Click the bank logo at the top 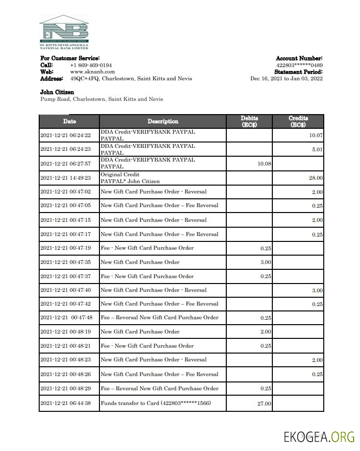[x=64, y=32]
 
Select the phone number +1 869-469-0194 [x=91, y=65]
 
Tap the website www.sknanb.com [x=92, y=71]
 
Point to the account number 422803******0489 [x=299, y=65]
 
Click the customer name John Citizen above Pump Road [x=57, y=92]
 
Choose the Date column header [x=69, y=121]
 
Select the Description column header [x=163, y=121]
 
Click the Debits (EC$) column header [x=249, y=121]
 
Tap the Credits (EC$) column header [x=298, y=121]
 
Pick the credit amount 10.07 [x=316, y=136]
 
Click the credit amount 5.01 [x=317, y=149]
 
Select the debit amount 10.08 [x=264, y=164]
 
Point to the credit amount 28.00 [x=315, y=178]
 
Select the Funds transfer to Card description [x=156, y=404]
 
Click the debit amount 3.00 [x=265, y=262]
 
